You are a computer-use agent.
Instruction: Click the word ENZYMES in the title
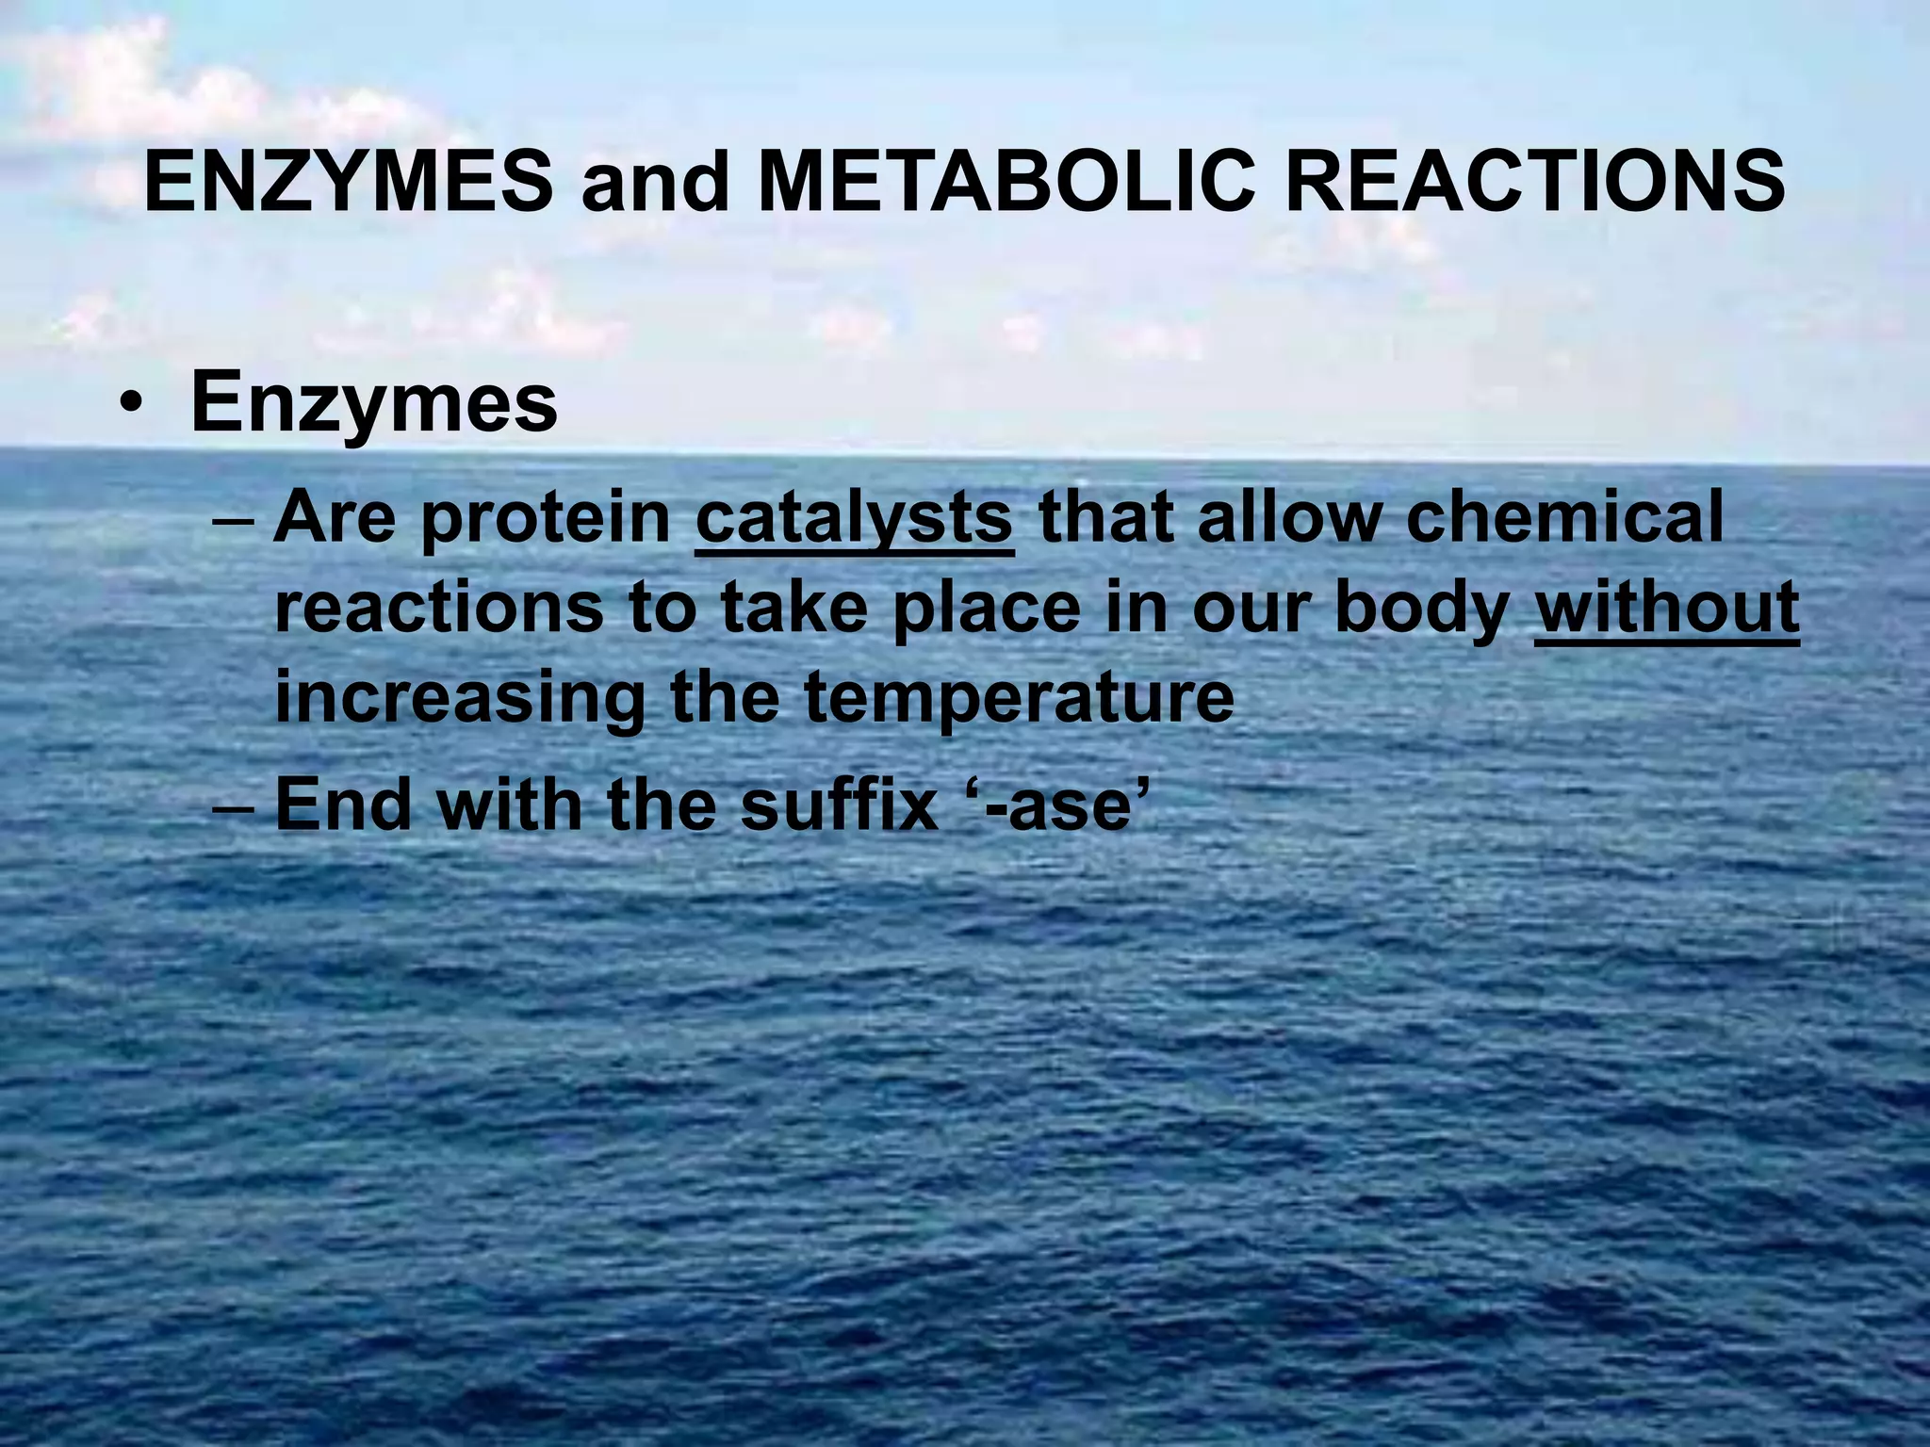[x=350, y=183]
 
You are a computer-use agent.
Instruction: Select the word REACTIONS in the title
[x=1535, y=183]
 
